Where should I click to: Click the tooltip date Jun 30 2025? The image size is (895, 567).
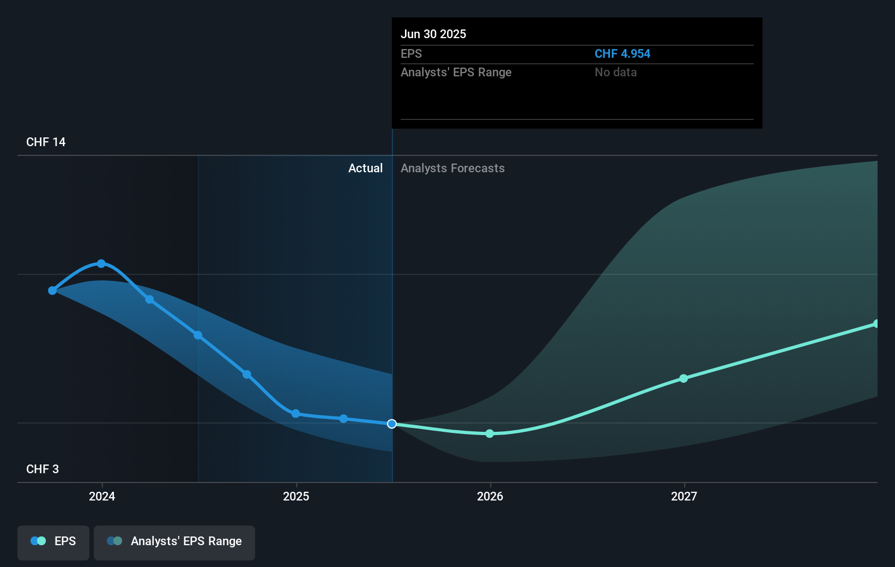pyautogui.click(x=433, y=34)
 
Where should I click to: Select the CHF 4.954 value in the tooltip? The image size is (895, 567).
pyautogui.click(x=622, y=53)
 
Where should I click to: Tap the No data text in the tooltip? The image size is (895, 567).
pyautogui.click(x=615, y=72)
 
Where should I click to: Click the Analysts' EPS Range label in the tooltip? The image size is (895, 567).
pyautogui.click(x=456, y=72)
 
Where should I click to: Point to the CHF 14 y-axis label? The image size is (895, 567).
pyautogui.click(x=46, y=142)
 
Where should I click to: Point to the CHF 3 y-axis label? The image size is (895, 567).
pyautogui.click(x=43, y=469)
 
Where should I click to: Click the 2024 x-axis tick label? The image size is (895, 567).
pyautogui.click(x=102, y=496)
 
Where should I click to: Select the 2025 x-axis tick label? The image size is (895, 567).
pyautogui.click(x=296, y=496)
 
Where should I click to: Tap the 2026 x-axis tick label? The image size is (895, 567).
pyautogui.click(x=490, y=496)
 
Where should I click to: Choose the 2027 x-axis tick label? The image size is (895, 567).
pyautogui.click(x=684, y=496)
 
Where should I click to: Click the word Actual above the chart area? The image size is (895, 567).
pyautogui.click(x=365, y=168)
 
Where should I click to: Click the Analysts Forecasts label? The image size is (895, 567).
pyautogui.click(x=452, y=168)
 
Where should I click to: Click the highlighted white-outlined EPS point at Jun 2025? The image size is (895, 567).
pyautogui.click(x=392, y=424)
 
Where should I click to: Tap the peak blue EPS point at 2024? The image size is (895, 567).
pyautogui.click(x=101, y=263)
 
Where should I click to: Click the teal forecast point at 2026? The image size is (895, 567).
pyautogui.click(x=489, y=433)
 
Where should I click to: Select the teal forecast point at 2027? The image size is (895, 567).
pyautogui.click(x=684, y=378)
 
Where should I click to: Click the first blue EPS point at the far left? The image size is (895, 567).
pyautogui.click(x=52, y=291)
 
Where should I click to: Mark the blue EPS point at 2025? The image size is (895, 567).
pyautogui.click(x=295, y=414)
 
